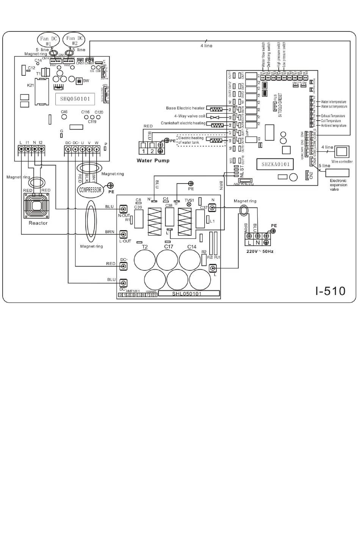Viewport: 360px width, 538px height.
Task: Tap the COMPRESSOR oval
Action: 90,190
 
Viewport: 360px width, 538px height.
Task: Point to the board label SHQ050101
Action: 75,99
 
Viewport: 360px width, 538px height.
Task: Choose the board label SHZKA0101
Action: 275,164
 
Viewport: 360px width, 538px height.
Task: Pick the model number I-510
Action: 330,291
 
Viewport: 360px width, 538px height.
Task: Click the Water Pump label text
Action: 153,160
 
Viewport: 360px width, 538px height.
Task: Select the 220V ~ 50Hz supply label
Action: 260,251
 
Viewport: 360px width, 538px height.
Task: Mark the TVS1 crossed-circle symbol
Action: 189,204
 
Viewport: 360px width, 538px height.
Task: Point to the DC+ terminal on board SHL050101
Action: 123,266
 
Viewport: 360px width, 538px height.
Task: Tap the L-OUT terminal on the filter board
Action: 123,235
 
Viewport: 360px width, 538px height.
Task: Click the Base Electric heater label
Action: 185,108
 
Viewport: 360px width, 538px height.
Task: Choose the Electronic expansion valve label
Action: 338,185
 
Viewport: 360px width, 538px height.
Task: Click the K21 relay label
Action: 30,85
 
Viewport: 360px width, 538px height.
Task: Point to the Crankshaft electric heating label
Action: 183,123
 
